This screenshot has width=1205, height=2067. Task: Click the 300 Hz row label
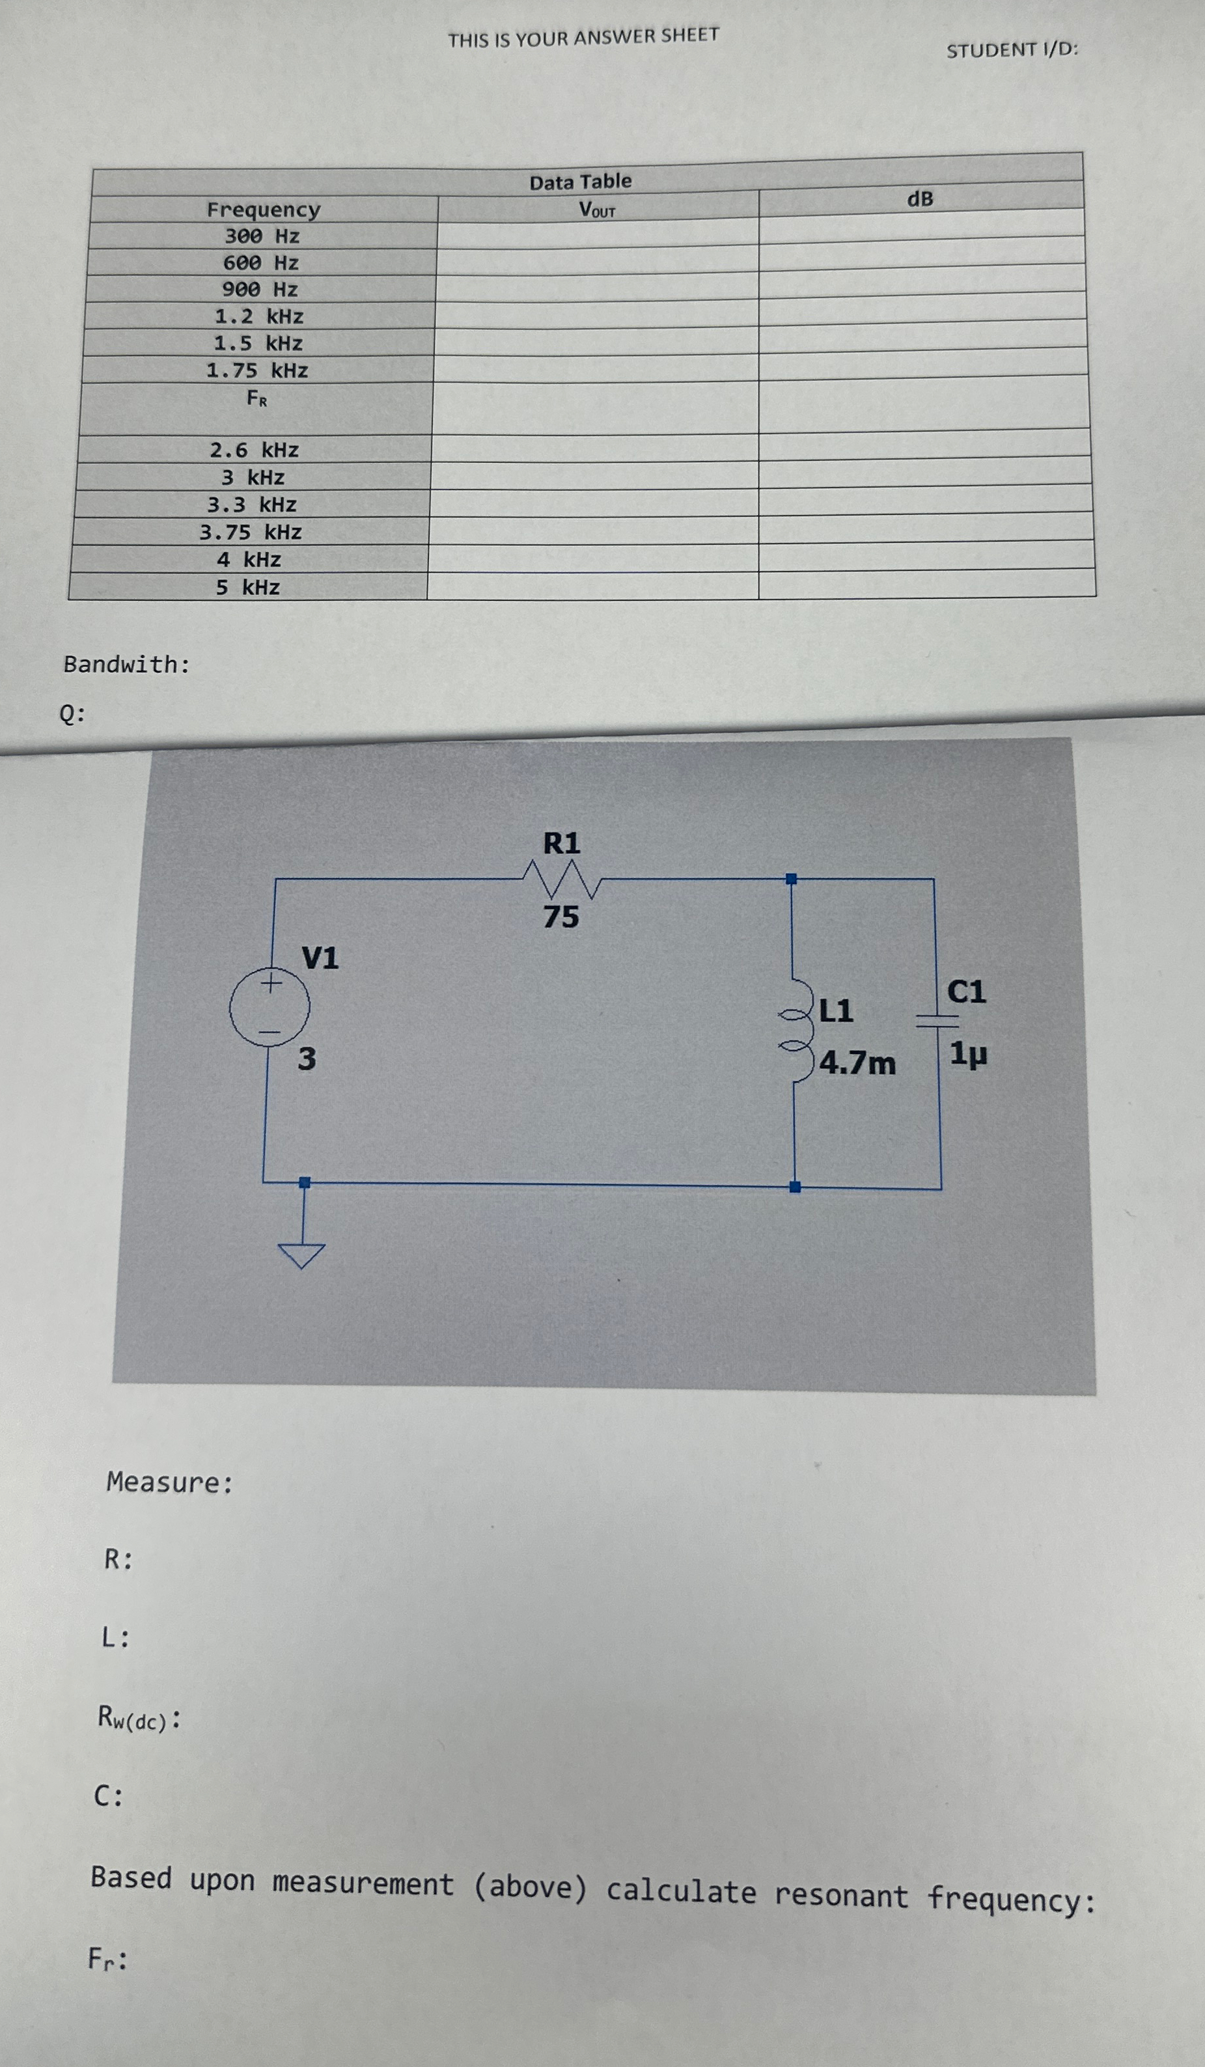(x=262, y=236)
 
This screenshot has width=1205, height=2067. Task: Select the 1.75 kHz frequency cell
(x=256, y=370)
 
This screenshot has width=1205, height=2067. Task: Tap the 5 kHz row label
(x=248, y=587)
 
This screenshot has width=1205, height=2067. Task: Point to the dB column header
(x=920, y=199)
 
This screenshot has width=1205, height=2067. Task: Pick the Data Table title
(x=580, y=181)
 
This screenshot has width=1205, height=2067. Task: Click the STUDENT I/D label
(x=1012, y=50)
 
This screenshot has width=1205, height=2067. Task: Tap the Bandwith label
(x=126, y=665)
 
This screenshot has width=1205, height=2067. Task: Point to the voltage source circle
(x=269, y=1007)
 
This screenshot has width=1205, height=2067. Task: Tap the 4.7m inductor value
(x=857, y=1063)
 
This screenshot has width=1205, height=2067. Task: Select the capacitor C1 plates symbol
(x=937, y=1020)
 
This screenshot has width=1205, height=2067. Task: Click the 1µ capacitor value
(x=968, y=1053)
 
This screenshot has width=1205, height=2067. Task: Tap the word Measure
(x=169, y=1482)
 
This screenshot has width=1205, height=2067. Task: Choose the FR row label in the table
(x=256, y=400)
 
